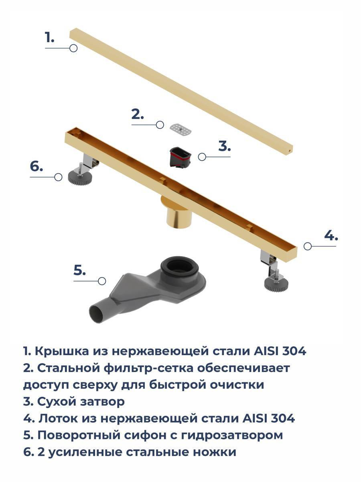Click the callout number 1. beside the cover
49,37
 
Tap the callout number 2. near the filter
138,114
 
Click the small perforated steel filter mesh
180,130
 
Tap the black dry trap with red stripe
180,158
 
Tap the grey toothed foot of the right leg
276,284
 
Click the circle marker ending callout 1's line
73,48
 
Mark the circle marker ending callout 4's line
308,246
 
